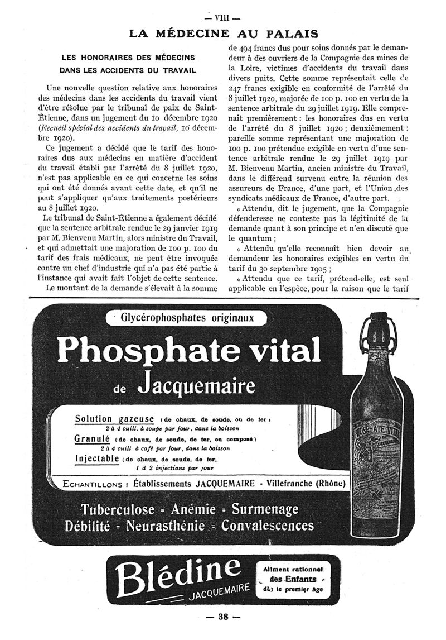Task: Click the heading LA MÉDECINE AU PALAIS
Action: click(223, 34)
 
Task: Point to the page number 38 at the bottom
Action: click(223, 617)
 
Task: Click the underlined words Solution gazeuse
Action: click(114, 419)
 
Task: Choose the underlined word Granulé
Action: click(90, 438)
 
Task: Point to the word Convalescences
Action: click(268, 526)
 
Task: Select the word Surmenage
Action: click(265, 510)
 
